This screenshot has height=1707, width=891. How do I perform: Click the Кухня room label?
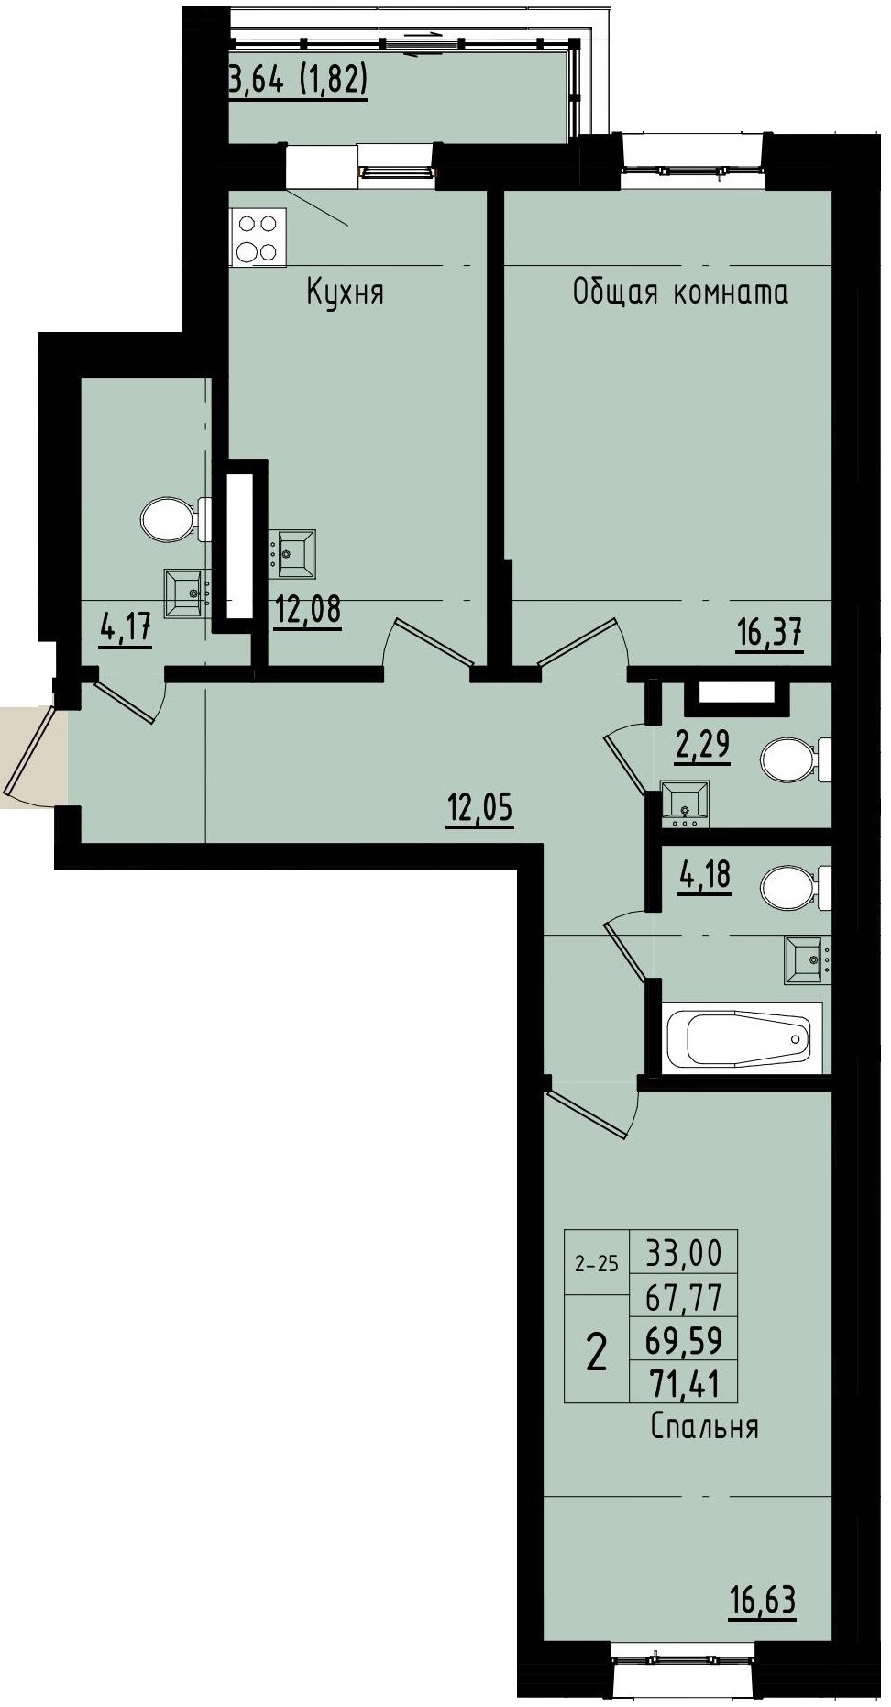(x=345, y=293)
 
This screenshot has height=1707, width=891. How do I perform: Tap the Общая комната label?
(x=680, y=293)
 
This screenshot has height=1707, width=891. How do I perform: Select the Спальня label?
(x=704, y=1426)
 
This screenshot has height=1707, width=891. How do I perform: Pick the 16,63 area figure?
(x=763, y=1600)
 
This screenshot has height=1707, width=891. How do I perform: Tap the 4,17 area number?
(x=126, y=630)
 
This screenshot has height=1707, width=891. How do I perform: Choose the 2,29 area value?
(x=703, y=745)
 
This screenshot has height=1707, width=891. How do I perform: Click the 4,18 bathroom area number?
(x=704, y=874)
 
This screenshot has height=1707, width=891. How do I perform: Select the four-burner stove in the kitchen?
(x=258, y=238)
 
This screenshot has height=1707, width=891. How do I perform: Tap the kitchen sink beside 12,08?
(x=292, y=552)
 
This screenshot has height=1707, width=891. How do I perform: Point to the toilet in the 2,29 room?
(x=792, y=760)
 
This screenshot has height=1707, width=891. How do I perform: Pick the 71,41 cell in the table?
(x=684, y=1382)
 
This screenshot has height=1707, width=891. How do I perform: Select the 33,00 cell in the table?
(x=684, y=1251)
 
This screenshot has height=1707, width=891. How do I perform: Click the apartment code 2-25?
(x=596, y=1265)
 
